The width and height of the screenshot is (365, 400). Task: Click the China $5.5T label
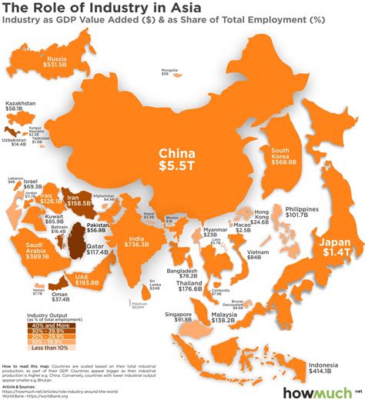pyautogui.click(x=181, y=158)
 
